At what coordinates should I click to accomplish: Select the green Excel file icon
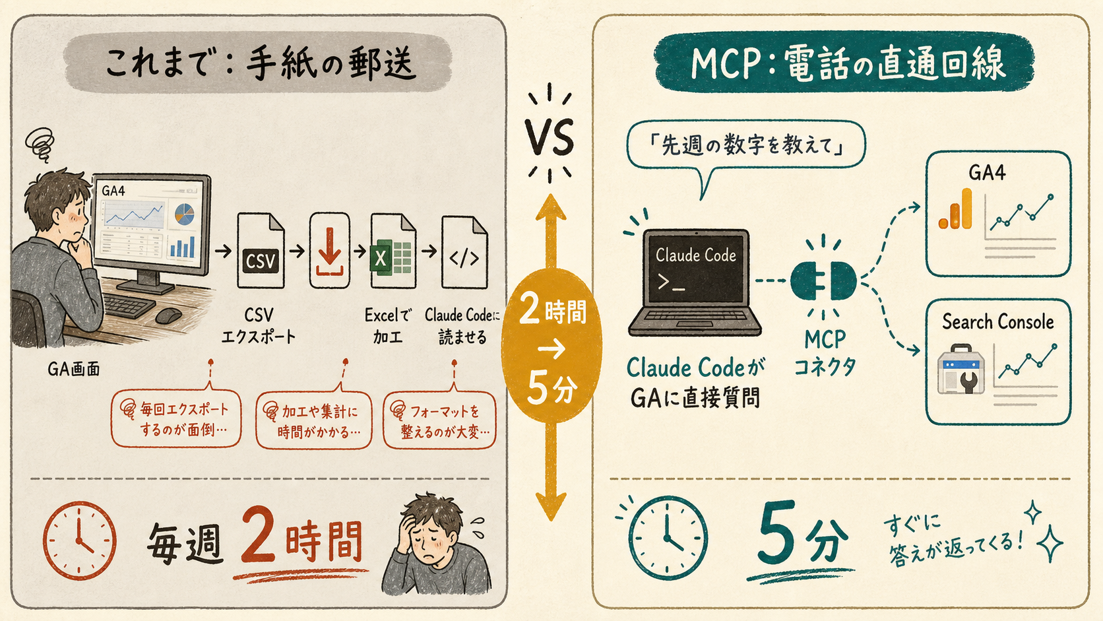[393, 251]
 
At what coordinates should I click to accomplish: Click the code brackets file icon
[464, 252]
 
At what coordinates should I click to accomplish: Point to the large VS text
[550, 139]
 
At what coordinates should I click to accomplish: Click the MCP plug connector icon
[823, 280]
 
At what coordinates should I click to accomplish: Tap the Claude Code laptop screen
[695, 269]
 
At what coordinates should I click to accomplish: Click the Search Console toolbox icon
[961, 369]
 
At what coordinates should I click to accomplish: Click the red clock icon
[80, 540]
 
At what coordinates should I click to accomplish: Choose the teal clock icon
[668, 538]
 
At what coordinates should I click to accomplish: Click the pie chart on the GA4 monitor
[184, 214]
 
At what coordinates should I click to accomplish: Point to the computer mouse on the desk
[168, 315]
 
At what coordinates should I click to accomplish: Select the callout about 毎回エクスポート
[176, 418]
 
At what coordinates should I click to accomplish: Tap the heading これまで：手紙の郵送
[257, 63]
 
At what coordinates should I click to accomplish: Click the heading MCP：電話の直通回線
[844, 63]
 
